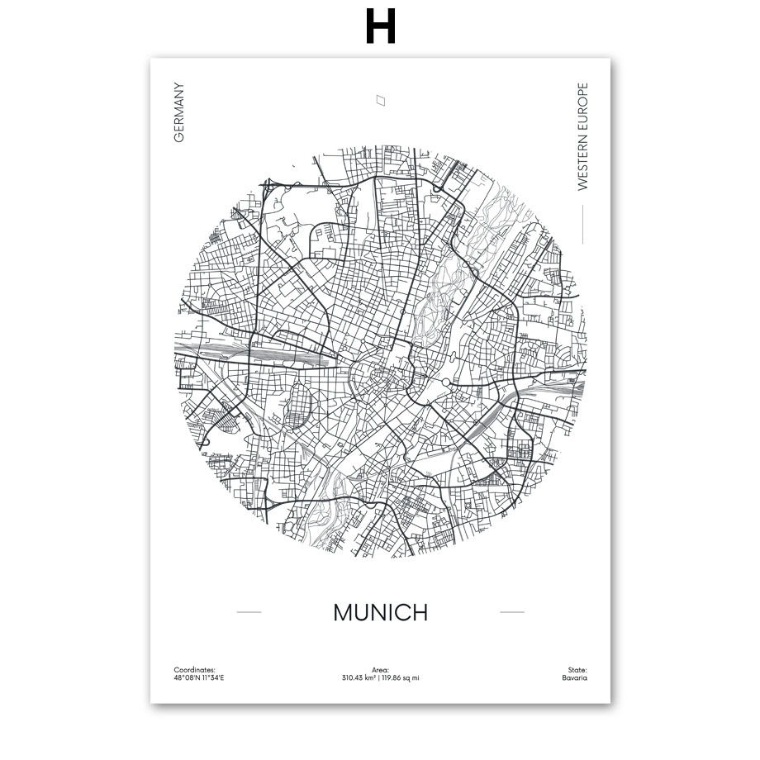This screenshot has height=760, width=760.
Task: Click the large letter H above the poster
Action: pyautogui.click(x=380, y=26)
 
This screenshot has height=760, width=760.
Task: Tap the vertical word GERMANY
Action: pyautogui.click(x=178, y=112)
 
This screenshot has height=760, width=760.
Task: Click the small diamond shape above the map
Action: pyautogui.click(x=381, y=100)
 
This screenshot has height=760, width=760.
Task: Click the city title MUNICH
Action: pyautogui.click(x=381, y=612)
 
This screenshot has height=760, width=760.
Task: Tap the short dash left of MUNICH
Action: pyautogui.click(x=249, y=612)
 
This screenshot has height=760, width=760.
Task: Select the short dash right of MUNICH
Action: pyautogui.click(x=512, y=612)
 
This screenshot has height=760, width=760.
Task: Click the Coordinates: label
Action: pyautogui.click(x=194, y=670)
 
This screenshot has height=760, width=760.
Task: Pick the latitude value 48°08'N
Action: pyautogui.click(x=186, y=678)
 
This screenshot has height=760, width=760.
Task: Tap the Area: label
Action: pyautogui.click(x=381, y=670)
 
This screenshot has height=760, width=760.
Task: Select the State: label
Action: pyautogui.click(x=577, y=670)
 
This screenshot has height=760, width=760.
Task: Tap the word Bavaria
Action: pyautogui.click(x=574, y=678)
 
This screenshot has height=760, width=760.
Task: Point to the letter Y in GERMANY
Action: pyautogui.click(x=178, y=87)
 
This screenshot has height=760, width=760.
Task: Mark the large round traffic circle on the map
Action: pyautogui.click(x=446, y=382)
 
